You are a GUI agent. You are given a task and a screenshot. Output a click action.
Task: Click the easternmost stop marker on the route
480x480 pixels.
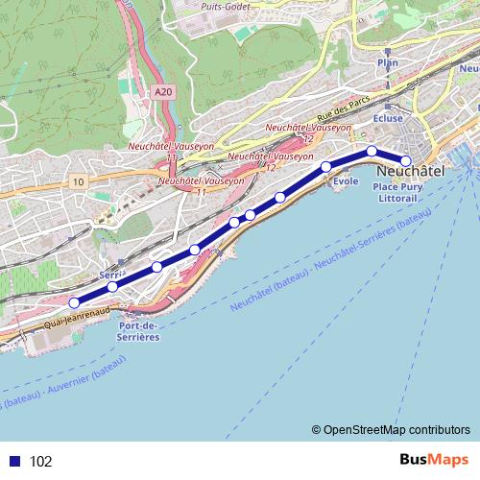tap(405, 161)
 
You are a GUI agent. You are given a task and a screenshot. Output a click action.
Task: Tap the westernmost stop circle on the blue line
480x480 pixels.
tap(74, 303)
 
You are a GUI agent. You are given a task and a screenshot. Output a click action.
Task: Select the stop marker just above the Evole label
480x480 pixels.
tap(326, 167)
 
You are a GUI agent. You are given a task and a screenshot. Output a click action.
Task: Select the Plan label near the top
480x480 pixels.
tap(388, 62)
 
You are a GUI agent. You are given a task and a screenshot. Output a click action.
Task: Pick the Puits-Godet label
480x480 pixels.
tap(227, 6)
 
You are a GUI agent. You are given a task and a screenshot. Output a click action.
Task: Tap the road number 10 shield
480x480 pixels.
tap(78, 180)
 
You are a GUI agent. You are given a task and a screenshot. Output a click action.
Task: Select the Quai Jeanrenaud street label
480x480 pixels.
tap(72, 316)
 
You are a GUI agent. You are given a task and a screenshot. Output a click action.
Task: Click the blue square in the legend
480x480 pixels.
tap(12, 461)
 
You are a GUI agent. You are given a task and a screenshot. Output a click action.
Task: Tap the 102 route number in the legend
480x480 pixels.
tap(41, 461)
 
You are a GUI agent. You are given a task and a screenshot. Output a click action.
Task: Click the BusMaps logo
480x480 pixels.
tap(434, 460)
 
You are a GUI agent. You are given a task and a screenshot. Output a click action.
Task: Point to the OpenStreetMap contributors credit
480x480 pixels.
tap(396, 429)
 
